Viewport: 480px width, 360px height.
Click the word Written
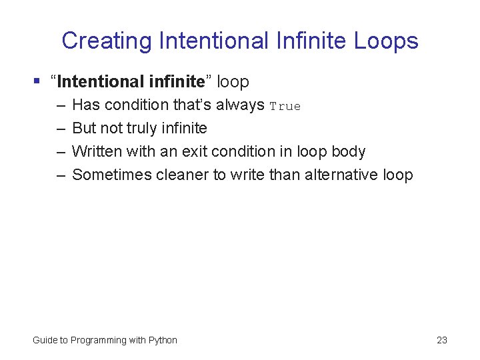click(96, 152)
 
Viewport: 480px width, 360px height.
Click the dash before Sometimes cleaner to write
click(61, 175)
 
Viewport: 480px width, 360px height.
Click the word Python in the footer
click(163, 340)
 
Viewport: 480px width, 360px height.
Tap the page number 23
click(441, 340)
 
